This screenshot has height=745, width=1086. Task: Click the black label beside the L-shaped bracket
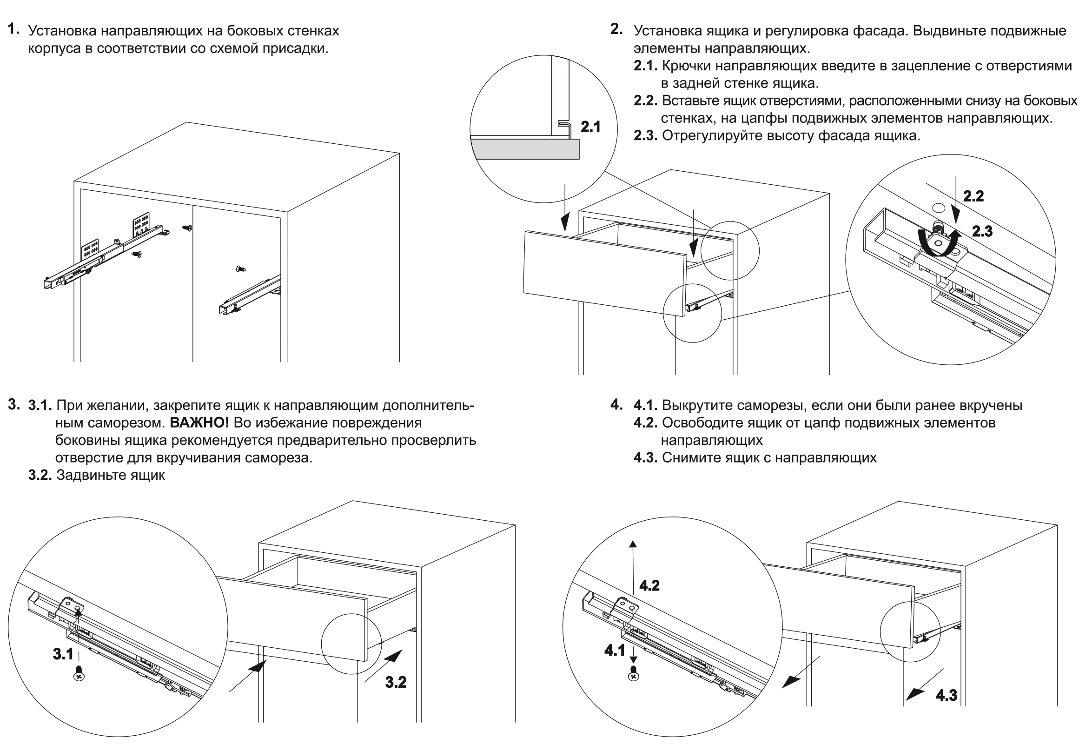[591, 127]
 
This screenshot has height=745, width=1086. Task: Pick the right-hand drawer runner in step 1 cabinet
[248, 295]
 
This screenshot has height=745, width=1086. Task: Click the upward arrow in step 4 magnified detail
[633, 561]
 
